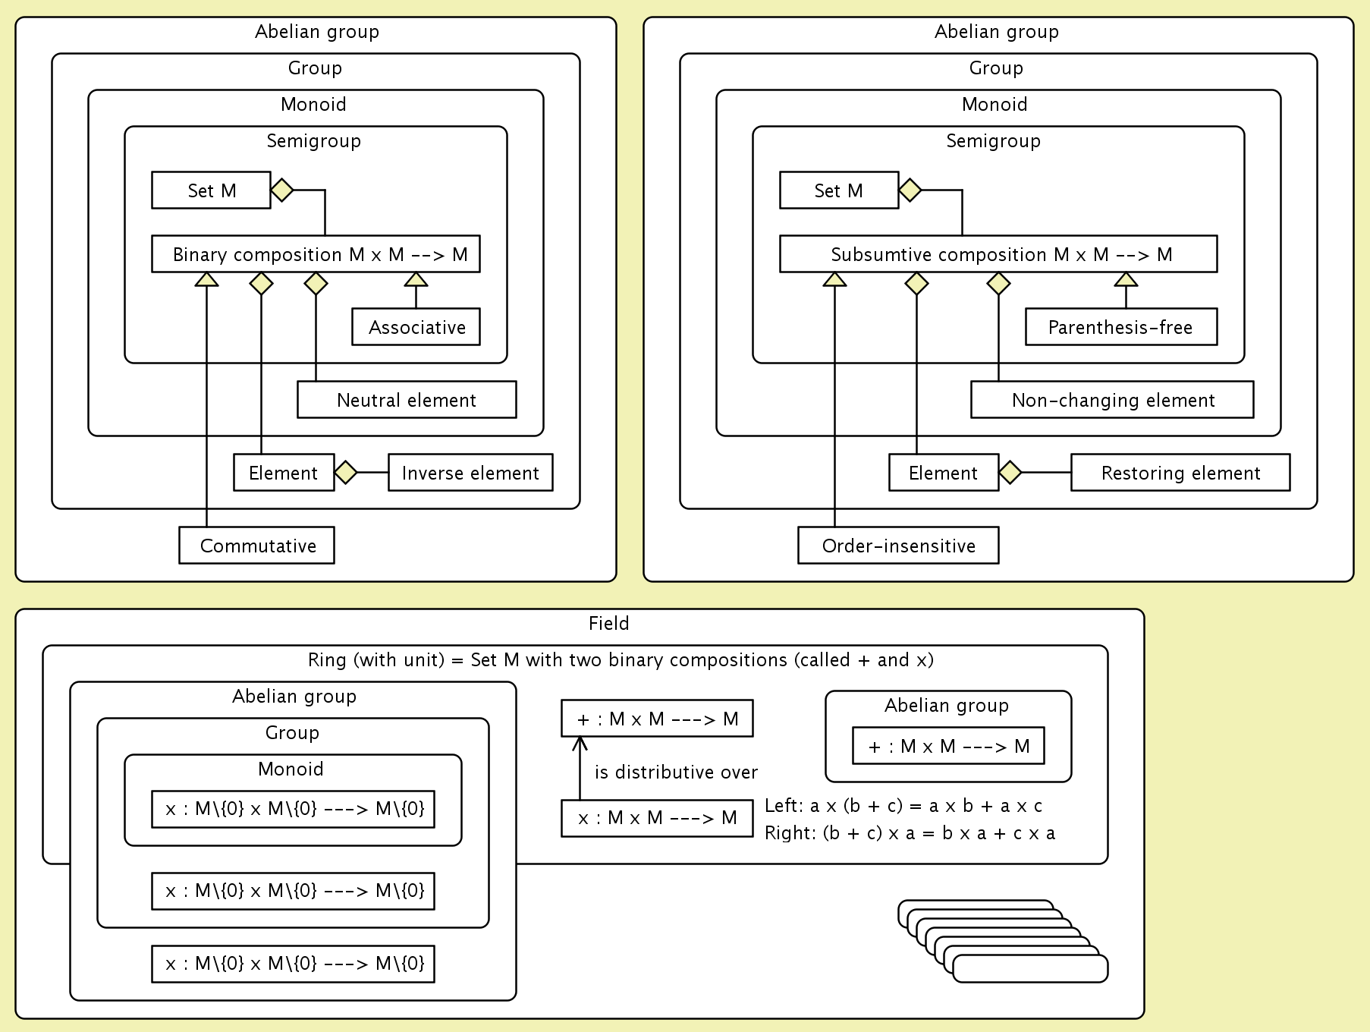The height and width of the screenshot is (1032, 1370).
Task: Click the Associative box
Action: click(x=416, y=327)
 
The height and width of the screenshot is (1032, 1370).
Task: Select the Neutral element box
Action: click(x=407, y=400)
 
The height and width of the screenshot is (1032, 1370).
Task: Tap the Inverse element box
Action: click(x=470, y=473)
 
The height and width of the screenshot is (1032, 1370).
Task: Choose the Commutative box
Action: click(x=256, y=546)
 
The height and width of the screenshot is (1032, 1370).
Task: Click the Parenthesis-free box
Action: click(x=1121, y=327)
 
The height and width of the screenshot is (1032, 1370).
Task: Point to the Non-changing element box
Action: click(x=1112, y=400)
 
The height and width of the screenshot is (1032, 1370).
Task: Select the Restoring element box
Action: click(x=1180, y=473)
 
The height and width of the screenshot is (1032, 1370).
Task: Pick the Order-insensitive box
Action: click(x=898, y=546)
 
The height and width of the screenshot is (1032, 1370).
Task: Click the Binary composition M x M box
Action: click(x=316, y=254)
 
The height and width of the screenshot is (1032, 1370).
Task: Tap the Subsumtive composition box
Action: click(x=998, y=254)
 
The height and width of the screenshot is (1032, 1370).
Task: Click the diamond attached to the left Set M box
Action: click(x=282, y=190)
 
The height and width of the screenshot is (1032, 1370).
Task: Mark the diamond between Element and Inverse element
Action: click(x=346, y=473)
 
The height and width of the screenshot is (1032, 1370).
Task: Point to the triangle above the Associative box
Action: click(x=416, y=280)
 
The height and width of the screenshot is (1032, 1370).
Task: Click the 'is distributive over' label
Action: click(x=676, y=772)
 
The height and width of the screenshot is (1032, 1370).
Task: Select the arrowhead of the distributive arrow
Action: click(x=580, y=743)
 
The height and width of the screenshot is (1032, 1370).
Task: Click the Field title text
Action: click(x=608, y=624)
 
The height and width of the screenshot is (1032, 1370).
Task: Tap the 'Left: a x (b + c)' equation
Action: click(x=903, y=806)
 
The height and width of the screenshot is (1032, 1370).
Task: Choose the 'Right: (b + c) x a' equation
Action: click(x=910, y=833)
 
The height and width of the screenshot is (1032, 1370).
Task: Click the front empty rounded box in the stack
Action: click(x=1030, y=969)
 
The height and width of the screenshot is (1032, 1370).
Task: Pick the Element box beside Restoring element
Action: click(x=944, y=473)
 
